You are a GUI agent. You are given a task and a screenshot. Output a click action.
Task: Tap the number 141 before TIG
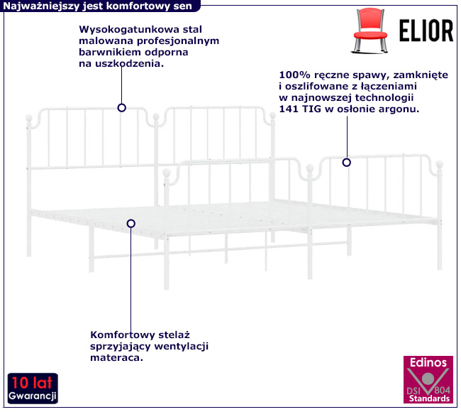289,109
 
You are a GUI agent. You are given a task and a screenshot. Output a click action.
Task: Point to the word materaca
117,358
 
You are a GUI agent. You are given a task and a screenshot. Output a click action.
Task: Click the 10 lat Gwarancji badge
33,388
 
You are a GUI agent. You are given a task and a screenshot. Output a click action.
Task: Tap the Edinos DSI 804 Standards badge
427,380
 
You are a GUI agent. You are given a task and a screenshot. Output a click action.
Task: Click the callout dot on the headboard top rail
122,108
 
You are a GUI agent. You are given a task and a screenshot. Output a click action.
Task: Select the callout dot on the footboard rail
347,162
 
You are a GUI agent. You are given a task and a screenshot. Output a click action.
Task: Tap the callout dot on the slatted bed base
130,223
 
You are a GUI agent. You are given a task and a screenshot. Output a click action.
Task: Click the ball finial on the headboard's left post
29,119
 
